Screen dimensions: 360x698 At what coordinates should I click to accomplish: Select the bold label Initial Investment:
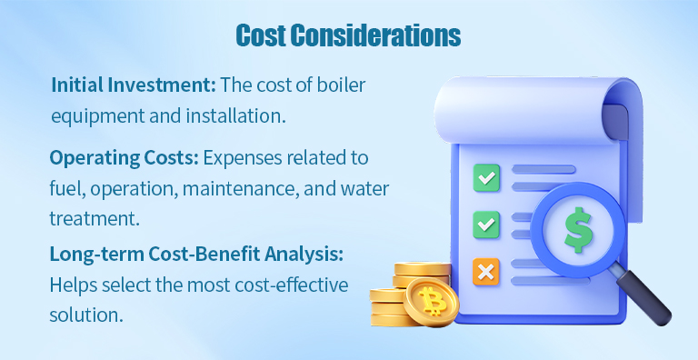(133, 85)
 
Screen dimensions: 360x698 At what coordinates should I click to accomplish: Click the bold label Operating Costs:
(124, 157)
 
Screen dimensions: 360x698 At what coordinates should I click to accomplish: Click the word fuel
(65, 188)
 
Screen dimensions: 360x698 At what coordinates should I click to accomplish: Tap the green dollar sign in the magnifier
(578, 228)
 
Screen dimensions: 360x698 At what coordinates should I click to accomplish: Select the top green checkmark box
(486, 178)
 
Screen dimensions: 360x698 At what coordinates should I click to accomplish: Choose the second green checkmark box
(486, 223)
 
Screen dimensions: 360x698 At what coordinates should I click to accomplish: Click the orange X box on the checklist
(486, 270)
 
